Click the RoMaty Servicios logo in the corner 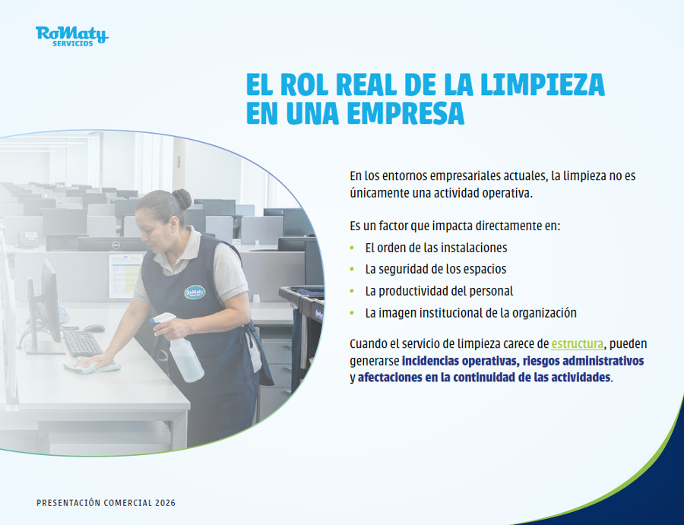71,36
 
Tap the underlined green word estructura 578,343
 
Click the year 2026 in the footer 165,504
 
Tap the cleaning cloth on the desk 92,367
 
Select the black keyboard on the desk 82,342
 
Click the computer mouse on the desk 93,328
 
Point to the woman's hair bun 182,198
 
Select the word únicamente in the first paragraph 379,192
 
